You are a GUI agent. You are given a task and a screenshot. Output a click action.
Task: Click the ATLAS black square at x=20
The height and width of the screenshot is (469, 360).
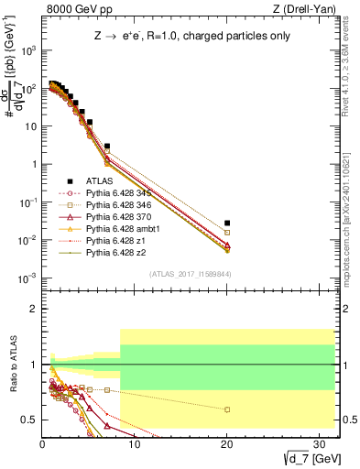[x=227, y=223]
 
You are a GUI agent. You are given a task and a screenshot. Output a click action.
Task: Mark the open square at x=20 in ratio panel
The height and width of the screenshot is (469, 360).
[x=227, y=409]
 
